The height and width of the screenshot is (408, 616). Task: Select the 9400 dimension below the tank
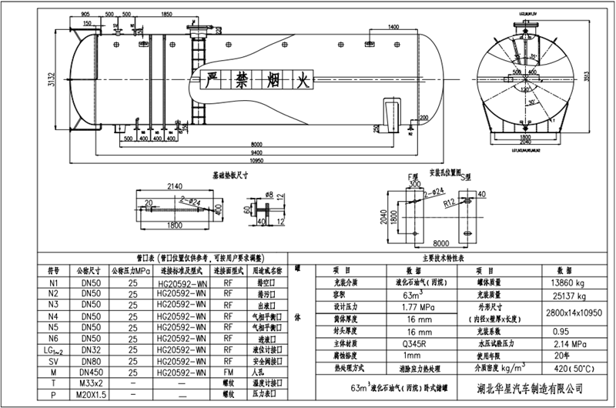256,153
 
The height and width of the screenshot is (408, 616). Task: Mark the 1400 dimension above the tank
393,27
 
